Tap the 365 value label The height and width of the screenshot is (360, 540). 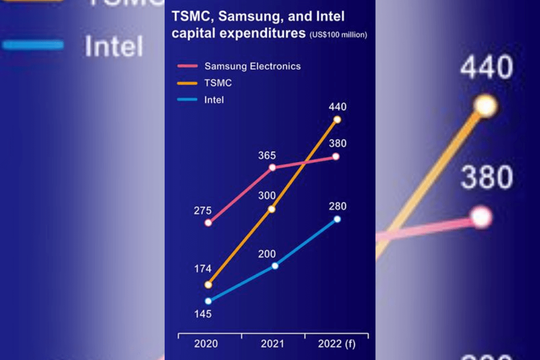pyautogui.click(x=267, y=156)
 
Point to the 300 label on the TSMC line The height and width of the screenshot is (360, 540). pyautogui.click(x=267, y=195)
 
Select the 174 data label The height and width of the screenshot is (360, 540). pyautogui.click(x=202, y=269)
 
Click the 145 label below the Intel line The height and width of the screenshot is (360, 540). pyautogui.click(x=202, y=314)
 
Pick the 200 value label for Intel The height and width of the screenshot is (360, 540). pyautogui.click(x=267, y=254)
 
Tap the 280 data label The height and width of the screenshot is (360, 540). pyautogui.click(x=337, y=207)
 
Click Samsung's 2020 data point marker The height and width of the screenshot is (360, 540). pyautogui.click(x=208, y=223)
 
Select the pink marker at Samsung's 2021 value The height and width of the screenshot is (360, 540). pyautogui.click(x=272, y=167)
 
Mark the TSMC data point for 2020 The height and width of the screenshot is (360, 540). pyautogui.click(x=208, y=285)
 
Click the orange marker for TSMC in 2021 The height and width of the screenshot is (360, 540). pyautogui.click(x=271, y=209)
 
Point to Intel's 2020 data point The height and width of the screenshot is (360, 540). pyautogui.click(x=208, y=301)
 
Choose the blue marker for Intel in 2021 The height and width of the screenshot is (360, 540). pyautogui.click(x=275, y=266)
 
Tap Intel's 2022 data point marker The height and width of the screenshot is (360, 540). pyautogui.click(x=337, y=219)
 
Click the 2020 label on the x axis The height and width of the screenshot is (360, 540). pyautogui.click(x=206, y=344)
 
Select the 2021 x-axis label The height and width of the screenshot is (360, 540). pyautogui.click(x=272, y=344)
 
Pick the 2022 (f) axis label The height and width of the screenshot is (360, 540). pyautogui.click(x=337, y=344)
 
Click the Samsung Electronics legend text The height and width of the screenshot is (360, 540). pyautogui.click(x=252, y=67)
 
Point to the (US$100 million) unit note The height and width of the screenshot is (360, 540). pyautogui.click(x=338, y=35)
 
